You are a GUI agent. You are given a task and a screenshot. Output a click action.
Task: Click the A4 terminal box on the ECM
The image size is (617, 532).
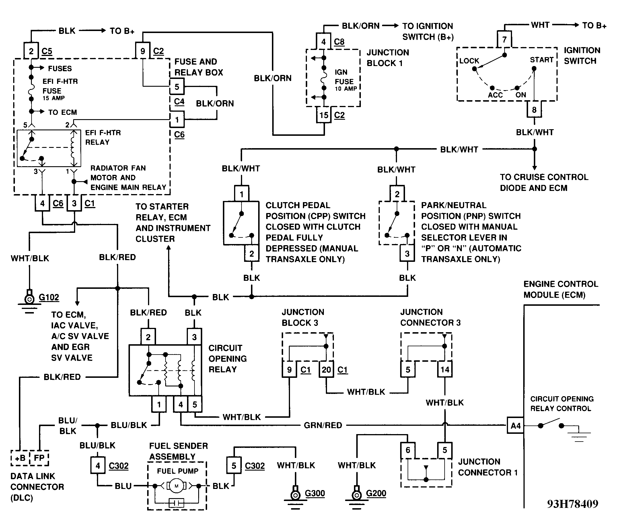515,425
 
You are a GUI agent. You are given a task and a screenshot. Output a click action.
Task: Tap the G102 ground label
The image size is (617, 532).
49,297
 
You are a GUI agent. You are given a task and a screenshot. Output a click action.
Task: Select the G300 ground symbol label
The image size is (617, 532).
315,493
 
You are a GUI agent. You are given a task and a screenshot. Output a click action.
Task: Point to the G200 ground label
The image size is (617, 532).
376,493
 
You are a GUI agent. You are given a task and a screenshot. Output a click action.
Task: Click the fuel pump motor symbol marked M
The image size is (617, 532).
176,486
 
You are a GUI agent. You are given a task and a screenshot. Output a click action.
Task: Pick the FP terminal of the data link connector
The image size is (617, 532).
39,458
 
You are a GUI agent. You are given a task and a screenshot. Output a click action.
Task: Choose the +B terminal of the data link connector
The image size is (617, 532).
20,458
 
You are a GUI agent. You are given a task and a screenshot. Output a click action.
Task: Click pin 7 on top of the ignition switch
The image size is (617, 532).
504,39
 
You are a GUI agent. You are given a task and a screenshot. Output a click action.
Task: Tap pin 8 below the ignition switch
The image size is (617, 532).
534,110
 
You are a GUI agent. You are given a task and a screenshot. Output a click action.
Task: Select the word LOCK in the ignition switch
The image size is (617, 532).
469,61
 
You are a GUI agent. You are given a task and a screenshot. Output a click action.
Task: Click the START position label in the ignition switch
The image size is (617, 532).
541,60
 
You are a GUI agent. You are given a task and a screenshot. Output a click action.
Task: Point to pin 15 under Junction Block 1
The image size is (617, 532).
324,115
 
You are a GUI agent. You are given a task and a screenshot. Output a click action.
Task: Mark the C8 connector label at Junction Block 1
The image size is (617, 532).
339,41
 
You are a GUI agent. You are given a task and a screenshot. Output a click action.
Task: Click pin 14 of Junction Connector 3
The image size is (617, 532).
445,370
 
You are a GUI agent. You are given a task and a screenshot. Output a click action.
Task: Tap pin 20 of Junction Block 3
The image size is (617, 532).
326,370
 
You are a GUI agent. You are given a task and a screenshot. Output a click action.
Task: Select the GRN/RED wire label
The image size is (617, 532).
323,425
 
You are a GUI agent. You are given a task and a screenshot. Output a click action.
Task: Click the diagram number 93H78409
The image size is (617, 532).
572,504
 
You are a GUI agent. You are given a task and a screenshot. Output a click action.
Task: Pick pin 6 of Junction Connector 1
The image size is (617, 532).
408,450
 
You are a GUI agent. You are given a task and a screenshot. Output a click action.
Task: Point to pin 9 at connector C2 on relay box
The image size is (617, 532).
143,51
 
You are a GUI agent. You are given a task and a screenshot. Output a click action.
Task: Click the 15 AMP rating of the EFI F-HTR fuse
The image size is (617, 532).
54,98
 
